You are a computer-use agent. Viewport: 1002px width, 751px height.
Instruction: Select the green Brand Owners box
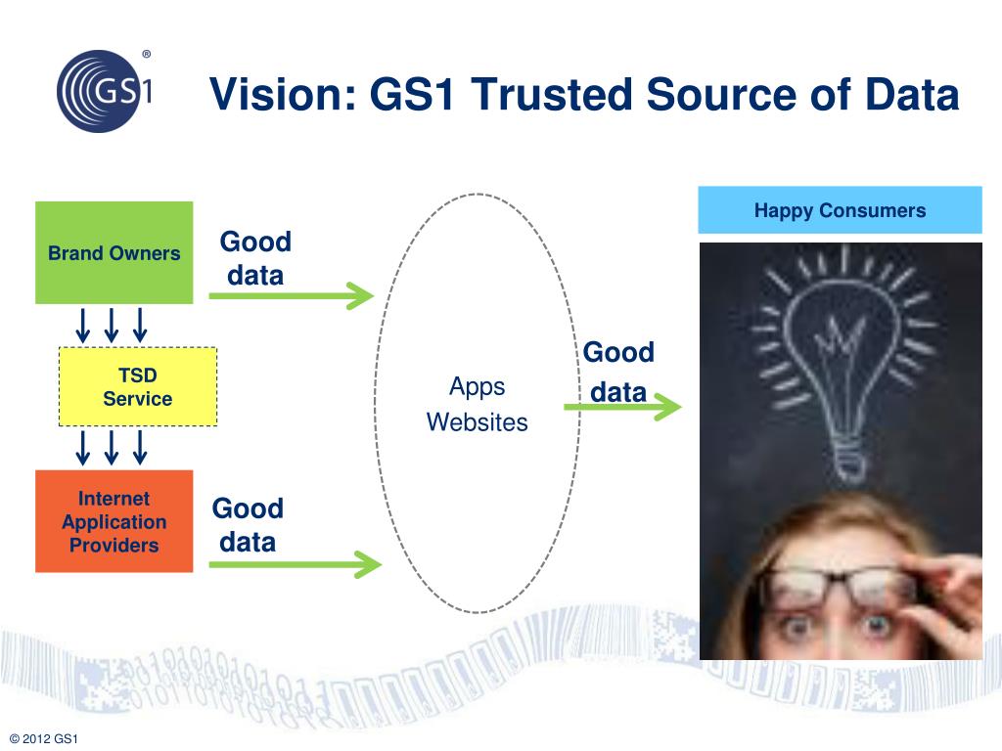coord(114,253)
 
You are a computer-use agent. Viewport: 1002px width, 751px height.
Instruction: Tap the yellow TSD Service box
coord(138,387)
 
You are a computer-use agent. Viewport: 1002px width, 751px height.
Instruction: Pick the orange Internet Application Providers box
coord(114,521)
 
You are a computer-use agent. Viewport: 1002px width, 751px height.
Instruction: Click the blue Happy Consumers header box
coord(840,210)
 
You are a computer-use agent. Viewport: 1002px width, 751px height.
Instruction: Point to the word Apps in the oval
coord(478,386)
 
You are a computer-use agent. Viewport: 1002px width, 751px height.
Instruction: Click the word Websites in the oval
coord(478,422)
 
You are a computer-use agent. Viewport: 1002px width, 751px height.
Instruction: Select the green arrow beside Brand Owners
coord(292,295)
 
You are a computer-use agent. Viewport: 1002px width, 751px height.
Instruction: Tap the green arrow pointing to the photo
coord(622,407)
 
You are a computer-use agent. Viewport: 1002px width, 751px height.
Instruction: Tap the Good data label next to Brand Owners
coord(255,258)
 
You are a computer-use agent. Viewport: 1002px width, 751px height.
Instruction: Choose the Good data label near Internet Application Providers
coord(248,525)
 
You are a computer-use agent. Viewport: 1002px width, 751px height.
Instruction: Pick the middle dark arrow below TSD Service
coord(112,447)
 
